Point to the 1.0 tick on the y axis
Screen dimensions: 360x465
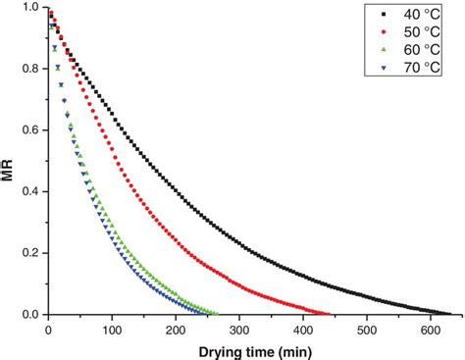click(30, 8)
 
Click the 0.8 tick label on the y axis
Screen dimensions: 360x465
click(30, 70)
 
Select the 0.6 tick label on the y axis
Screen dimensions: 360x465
click(30, 130)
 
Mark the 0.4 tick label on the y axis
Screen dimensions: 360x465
click(30, 192)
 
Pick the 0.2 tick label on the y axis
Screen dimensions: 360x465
click(30, 253)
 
